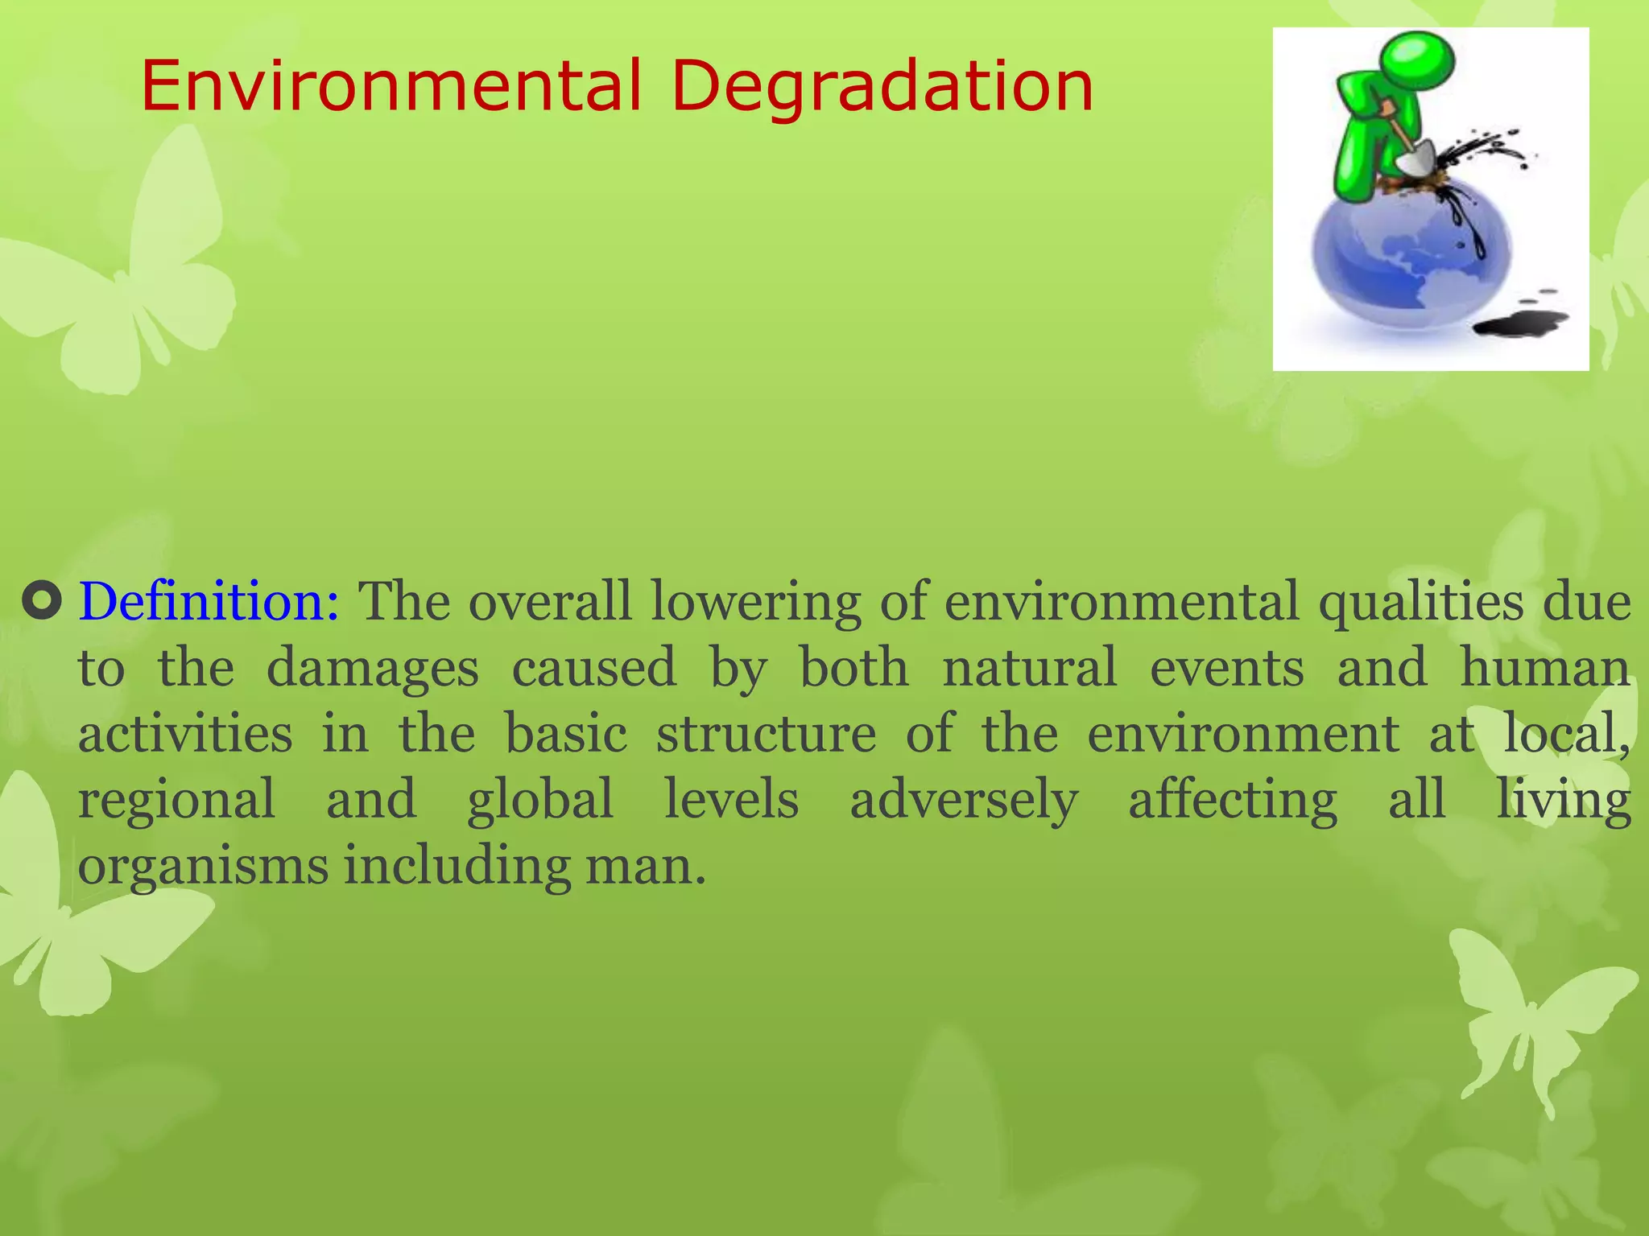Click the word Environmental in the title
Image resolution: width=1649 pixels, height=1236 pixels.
click(x=391, y=86)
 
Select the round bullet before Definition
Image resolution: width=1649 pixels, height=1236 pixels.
click(x=42, y=602)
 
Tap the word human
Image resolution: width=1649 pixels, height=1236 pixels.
click(x=1545, y=668)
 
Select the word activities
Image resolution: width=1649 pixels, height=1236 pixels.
click(x=185, y=734)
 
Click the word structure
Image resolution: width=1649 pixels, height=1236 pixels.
click(x=766, y=734)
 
